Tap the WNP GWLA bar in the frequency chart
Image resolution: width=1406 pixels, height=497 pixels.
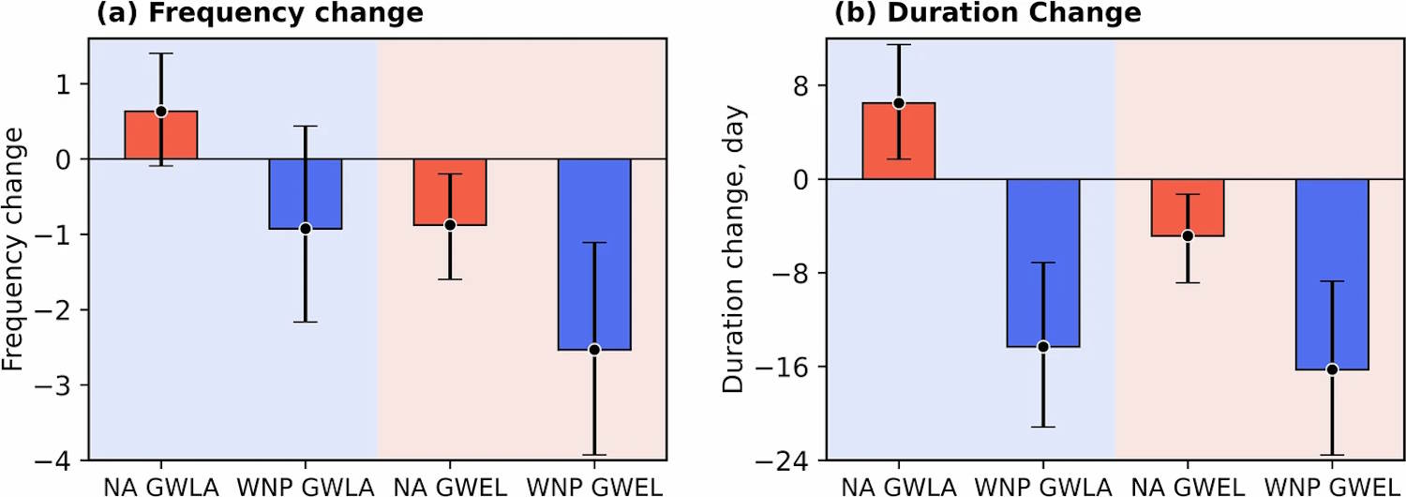306,194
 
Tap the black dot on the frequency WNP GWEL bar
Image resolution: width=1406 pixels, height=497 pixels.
594,350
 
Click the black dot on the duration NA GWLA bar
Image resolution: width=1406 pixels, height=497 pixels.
898,103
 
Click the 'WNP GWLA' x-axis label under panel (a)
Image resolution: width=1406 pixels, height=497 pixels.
305,486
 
